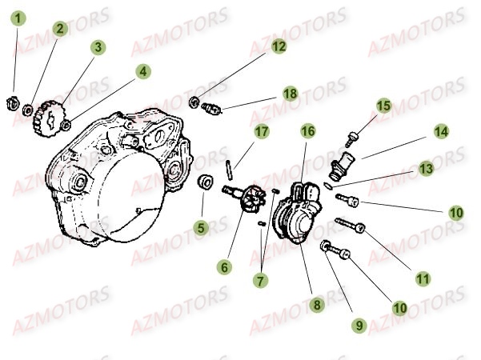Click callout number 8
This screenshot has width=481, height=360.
[x=317, y=304]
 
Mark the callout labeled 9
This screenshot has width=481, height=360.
[x=360, y=325]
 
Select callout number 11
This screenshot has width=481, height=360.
[x=423, y=278]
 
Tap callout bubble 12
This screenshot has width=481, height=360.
[x=278, y=47]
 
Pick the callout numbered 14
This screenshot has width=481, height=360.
[x=440, y=130]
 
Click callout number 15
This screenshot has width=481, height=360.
[x=384, y=106]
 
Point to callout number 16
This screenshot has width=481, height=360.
[x=307, y=130]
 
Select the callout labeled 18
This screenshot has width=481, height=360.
[x=290, y=94]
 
